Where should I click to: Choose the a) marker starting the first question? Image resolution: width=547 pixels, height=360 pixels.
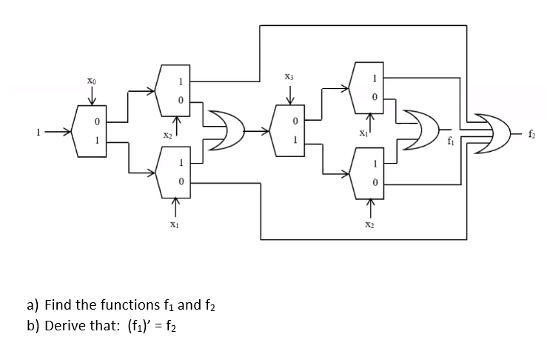tap(33, 304)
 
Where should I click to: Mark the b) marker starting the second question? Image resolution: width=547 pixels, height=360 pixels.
tap(33, 325)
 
